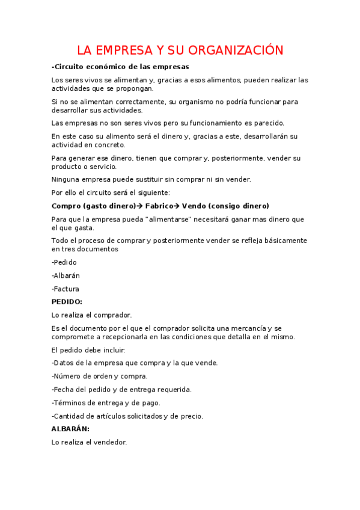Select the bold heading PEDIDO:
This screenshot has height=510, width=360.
point(67,302)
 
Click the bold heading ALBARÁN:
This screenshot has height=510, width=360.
point(70,429)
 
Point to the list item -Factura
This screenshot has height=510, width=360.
point(66,289)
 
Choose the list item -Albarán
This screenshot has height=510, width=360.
point(66,275)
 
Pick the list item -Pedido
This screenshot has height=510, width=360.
point(64,262)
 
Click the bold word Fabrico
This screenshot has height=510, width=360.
point(159,206)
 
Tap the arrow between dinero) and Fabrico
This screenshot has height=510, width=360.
point(141,206)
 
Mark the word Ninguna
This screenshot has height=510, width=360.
point(66,179)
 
